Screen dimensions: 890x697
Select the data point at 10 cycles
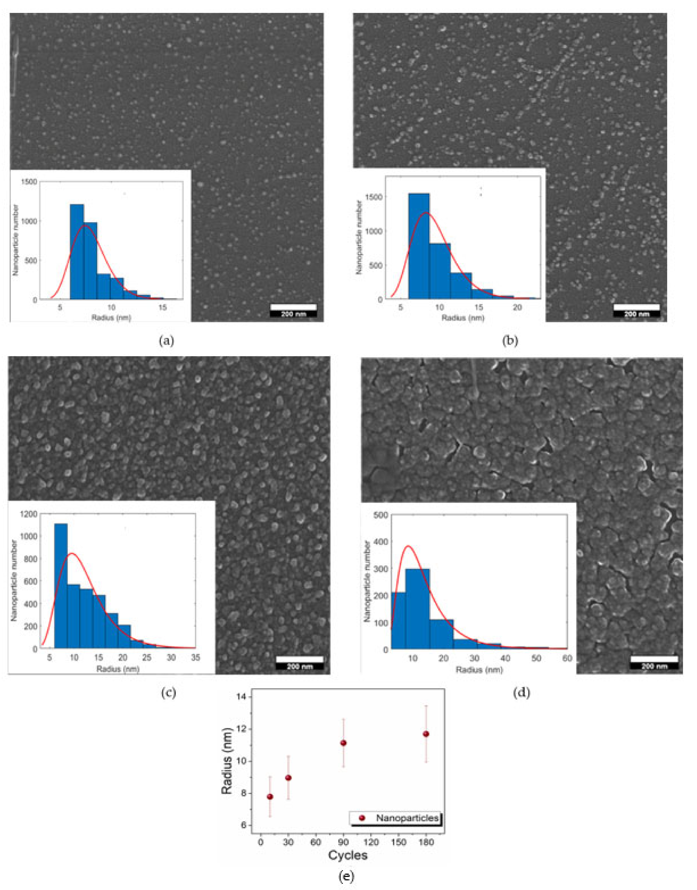tap(270, 797)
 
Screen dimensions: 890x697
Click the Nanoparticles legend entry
tap(396, 818)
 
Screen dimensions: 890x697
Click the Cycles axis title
tap(348, 855)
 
